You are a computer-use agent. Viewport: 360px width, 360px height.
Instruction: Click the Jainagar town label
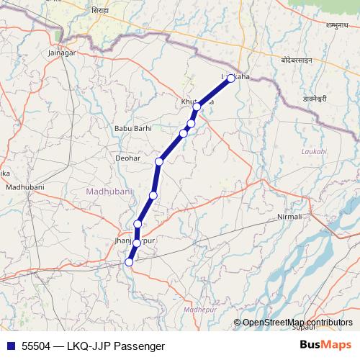(60, 53)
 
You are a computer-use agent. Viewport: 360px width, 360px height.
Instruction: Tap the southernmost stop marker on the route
(130, 263)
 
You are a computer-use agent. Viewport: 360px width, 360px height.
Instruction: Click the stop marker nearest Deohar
(159, 161)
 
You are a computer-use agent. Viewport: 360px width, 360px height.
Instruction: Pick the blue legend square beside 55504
(10, 346)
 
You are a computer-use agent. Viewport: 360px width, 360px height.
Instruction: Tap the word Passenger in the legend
(134, 346)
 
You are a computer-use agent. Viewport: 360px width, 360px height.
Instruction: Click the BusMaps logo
(325, 346)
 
